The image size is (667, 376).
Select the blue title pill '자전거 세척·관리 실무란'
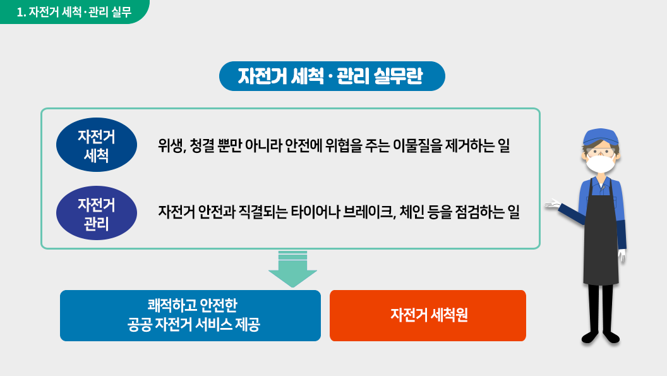[x=332, y=76]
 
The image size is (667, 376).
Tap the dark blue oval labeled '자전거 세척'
[x=97, y=145]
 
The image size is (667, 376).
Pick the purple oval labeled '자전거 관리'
[x=97, y=213]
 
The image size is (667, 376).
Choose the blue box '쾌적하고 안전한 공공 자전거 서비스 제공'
[x=190, y=315]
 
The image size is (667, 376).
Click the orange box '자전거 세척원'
[x=428, y=315]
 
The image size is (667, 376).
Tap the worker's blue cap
[x=600, y=136]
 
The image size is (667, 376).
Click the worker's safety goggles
[x=601, y=151]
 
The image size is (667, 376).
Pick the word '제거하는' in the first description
[x=470, y=145]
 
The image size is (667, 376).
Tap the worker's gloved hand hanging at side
[x=622, y=255]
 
